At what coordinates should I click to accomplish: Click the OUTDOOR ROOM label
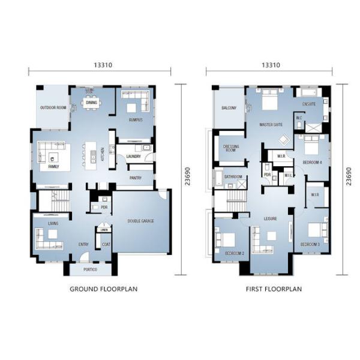tap(52, 108)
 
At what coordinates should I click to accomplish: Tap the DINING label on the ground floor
tap(91, 103)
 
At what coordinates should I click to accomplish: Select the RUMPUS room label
tap(135, 119)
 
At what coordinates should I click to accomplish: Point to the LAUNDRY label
tap(133, 157)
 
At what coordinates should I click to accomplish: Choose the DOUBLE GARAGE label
tap(140, 221)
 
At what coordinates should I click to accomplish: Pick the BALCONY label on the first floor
tap(229, 108)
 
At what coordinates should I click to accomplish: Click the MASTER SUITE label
tap(271, 125)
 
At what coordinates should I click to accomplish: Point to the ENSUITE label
tap(309, 104)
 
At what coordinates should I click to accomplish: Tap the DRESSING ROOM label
tap(232, 148)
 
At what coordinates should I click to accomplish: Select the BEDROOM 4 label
tap(313, 163)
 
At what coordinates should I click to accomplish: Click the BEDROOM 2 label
tap(234, 254)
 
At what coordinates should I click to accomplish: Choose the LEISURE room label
tap(270, 218)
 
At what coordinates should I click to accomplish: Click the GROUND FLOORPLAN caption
tap(103, 289)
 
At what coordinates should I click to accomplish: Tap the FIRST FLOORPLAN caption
tap(274, 289)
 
